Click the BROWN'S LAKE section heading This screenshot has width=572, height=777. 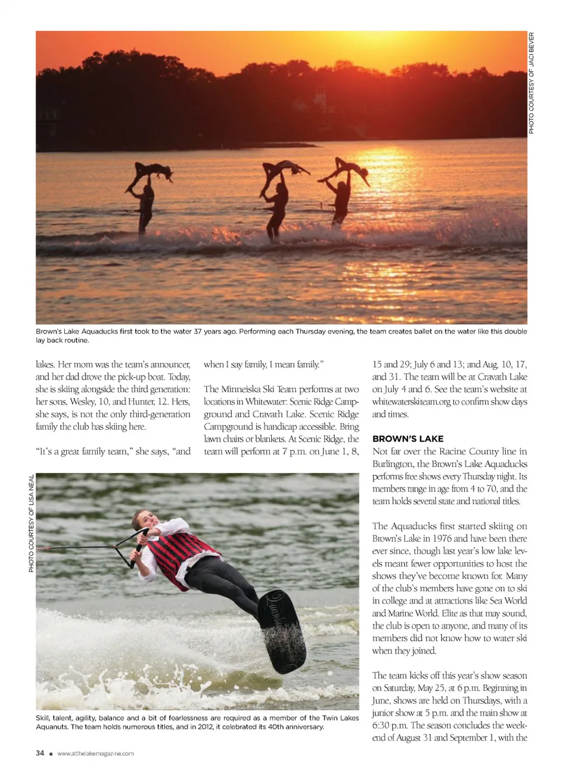pos(408,439)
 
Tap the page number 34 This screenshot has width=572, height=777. pos(40,753)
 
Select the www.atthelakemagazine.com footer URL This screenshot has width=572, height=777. pos(95,754)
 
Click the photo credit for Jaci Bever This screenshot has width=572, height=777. pos(531,83)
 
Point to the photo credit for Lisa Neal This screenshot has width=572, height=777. pos(31,523)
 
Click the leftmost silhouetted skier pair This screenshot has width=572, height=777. pos(145,194)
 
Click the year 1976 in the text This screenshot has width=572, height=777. pos(442,538)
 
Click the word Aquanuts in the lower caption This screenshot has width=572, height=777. pos(52,726)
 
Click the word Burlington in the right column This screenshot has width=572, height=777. pos(393,464)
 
